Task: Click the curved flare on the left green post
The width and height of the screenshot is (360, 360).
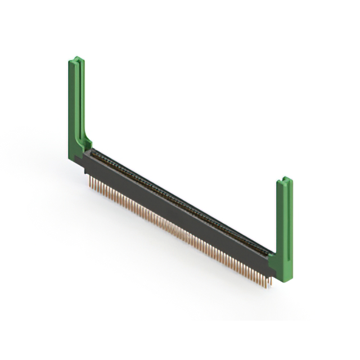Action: (86, 141)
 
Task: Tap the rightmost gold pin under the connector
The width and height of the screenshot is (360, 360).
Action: (270, 281)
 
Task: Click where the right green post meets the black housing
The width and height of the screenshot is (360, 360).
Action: (272, 260)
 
